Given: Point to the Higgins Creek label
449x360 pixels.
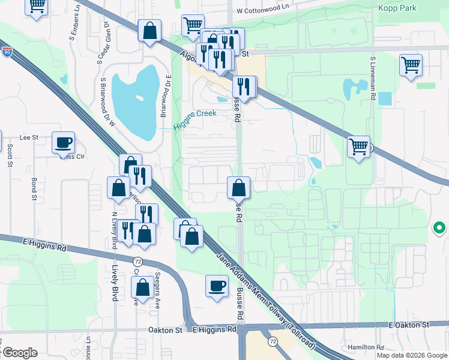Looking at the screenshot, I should (194, 119).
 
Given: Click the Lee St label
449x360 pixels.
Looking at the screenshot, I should (29, 137).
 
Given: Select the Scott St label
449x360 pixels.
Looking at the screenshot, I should (10, 155).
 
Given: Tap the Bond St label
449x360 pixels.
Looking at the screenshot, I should (34, 188).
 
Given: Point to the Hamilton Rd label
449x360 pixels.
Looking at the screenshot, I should (366, 347).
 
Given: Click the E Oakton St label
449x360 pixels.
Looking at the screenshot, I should (410, 325).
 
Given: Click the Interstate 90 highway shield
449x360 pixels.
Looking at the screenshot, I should (7, 53).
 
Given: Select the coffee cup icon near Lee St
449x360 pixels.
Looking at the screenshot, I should (63, 143).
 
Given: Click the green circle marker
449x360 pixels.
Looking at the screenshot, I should (439, 228).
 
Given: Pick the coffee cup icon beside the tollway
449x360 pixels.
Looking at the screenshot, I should (217, 286).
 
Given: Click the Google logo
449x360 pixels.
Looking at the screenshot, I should (19, 353).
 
